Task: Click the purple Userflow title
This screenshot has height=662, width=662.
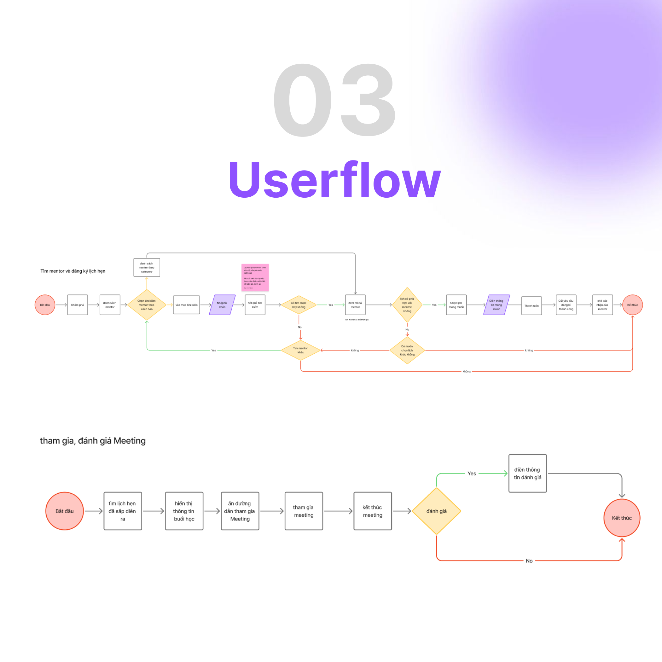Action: (334, 180)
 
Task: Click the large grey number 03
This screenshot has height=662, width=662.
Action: (334, 100)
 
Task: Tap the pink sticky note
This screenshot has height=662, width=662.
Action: (255, 277)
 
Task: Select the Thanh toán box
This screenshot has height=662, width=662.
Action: (531, 306)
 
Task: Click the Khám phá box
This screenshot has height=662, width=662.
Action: (78, 305)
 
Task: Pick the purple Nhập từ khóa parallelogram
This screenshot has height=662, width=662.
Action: (222, 305)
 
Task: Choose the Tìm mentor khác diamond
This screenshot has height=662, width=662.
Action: (300, 350)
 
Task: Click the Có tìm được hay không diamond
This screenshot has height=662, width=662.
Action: (299, 305)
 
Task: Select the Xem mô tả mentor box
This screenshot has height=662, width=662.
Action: (355, 305)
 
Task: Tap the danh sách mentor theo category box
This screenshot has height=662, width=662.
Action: (147, 267)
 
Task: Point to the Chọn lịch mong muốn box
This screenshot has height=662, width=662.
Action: (456, 305)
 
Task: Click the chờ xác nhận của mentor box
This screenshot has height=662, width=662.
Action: (602, 305)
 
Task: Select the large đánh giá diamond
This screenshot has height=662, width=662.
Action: (436, 511)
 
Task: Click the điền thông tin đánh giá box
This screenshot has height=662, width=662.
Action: (527, 473)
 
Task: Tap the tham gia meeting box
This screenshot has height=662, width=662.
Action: (304, 511)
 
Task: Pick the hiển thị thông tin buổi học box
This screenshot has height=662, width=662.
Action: (184, 511)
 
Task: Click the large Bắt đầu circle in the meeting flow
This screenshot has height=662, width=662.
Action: (64, 511)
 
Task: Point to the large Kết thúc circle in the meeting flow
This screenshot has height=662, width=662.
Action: (622, 518)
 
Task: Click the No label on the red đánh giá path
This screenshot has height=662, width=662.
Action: (529, 560)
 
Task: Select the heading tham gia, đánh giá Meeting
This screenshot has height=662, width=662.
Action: (92, 441)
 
